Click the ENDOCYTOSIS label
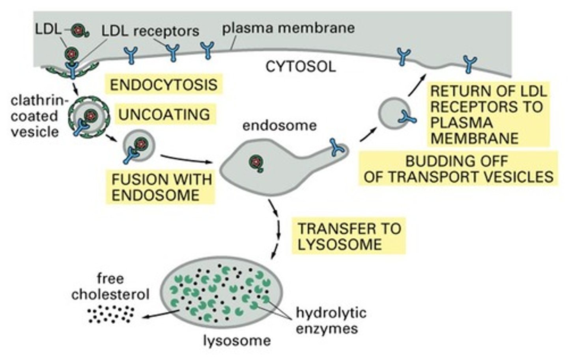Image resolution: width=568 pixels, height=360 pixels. (163, 84)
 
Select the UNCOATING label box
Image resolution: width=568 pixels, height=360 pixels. (164, 114)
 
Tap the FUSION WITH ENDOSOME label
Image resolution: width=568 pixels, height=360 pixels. (161, 187)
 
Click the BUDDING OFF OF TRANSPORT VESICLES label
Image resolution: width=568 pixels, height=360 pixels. (458, 169)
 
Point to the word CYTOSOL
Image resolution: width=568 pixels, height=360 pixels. (301, 67)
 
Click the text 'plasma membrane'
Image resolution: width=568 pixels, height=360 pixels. (288, 28)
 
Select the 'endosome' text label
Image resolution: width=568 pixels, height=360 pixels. (279, 126)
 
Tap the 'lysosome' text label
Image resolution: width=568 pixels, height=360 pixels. (237, 340)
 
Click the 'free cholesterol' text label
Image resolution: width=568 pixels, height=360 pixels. (110, 287)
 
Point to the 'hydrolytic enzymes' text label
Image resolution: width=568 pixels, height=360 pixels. (331, 321)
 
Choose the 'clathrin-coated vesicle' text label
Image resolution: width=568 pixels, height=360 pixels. (36, 116)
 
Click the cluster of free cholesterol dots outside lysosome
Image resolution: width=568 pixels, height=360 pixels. (110, 314)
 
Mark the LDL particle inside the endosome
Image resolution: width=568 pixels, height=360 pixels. (256, 162)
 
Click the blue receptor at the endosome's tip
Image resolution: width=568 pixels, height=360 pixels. (338, 147)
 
